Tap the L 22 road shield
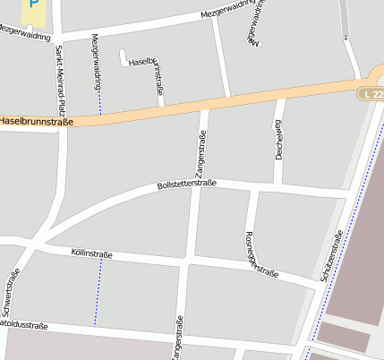pyautogui.click(x=371, y=94)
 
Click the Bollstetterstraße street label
pyautogui.click(x=186, y=185)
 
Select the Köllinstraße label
pyautogui.click(x=91, y=255)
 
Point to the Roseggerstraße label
pyautogui.click(x=260, y=255)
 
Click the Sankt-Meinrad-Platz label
pyautogui.click(x=59, y=81)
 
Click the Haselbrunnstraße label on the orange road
pyautogui.click(x=36, y=120)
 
